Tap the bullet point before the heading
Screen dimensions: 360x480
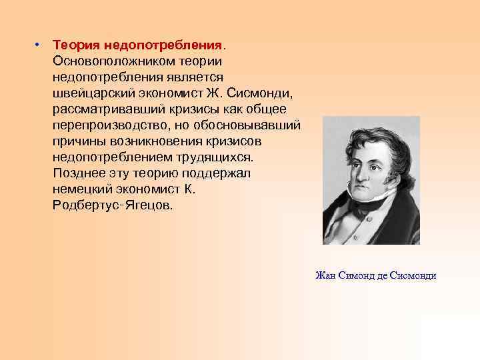coord(39,45)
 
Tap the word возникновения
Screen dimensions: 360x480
coord(157,141)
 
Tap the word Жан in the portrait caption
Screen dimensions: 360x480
coord(327,275)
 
